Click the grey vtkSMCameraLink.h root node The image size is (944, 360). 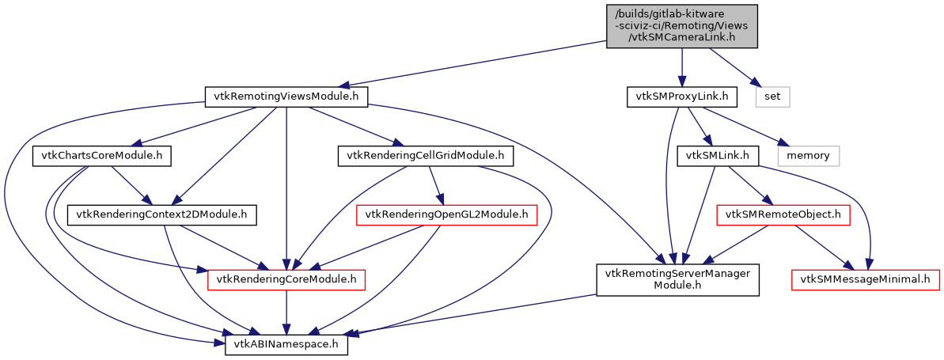pos(681,26)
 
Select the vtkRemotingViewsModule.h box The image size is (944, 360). pos(286,97)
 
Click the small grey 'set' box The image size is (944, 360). pos(772,97)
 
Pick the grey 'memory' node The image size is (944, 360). pos(808,156)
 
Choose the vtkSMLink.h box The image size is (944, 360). pos(718,156)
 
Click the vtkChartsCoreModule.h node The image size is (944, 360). pos(102,156)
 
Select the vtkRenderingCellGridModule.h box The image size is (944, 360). pos(426,156)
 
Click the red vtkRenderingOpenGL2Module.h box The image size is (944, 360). pos(448,214)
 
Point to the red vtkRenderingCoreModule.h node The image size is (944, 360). pos(286,279)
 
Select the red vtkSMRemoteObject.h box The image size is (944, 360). pos(782,214)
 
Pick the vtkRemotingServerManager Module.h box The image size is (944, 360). pos(677,279)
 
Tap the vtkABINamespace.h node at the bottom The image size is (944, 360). pos(286,346)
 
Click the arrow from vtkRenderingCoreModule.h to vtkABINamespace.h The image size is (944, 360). pos(286,313)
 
